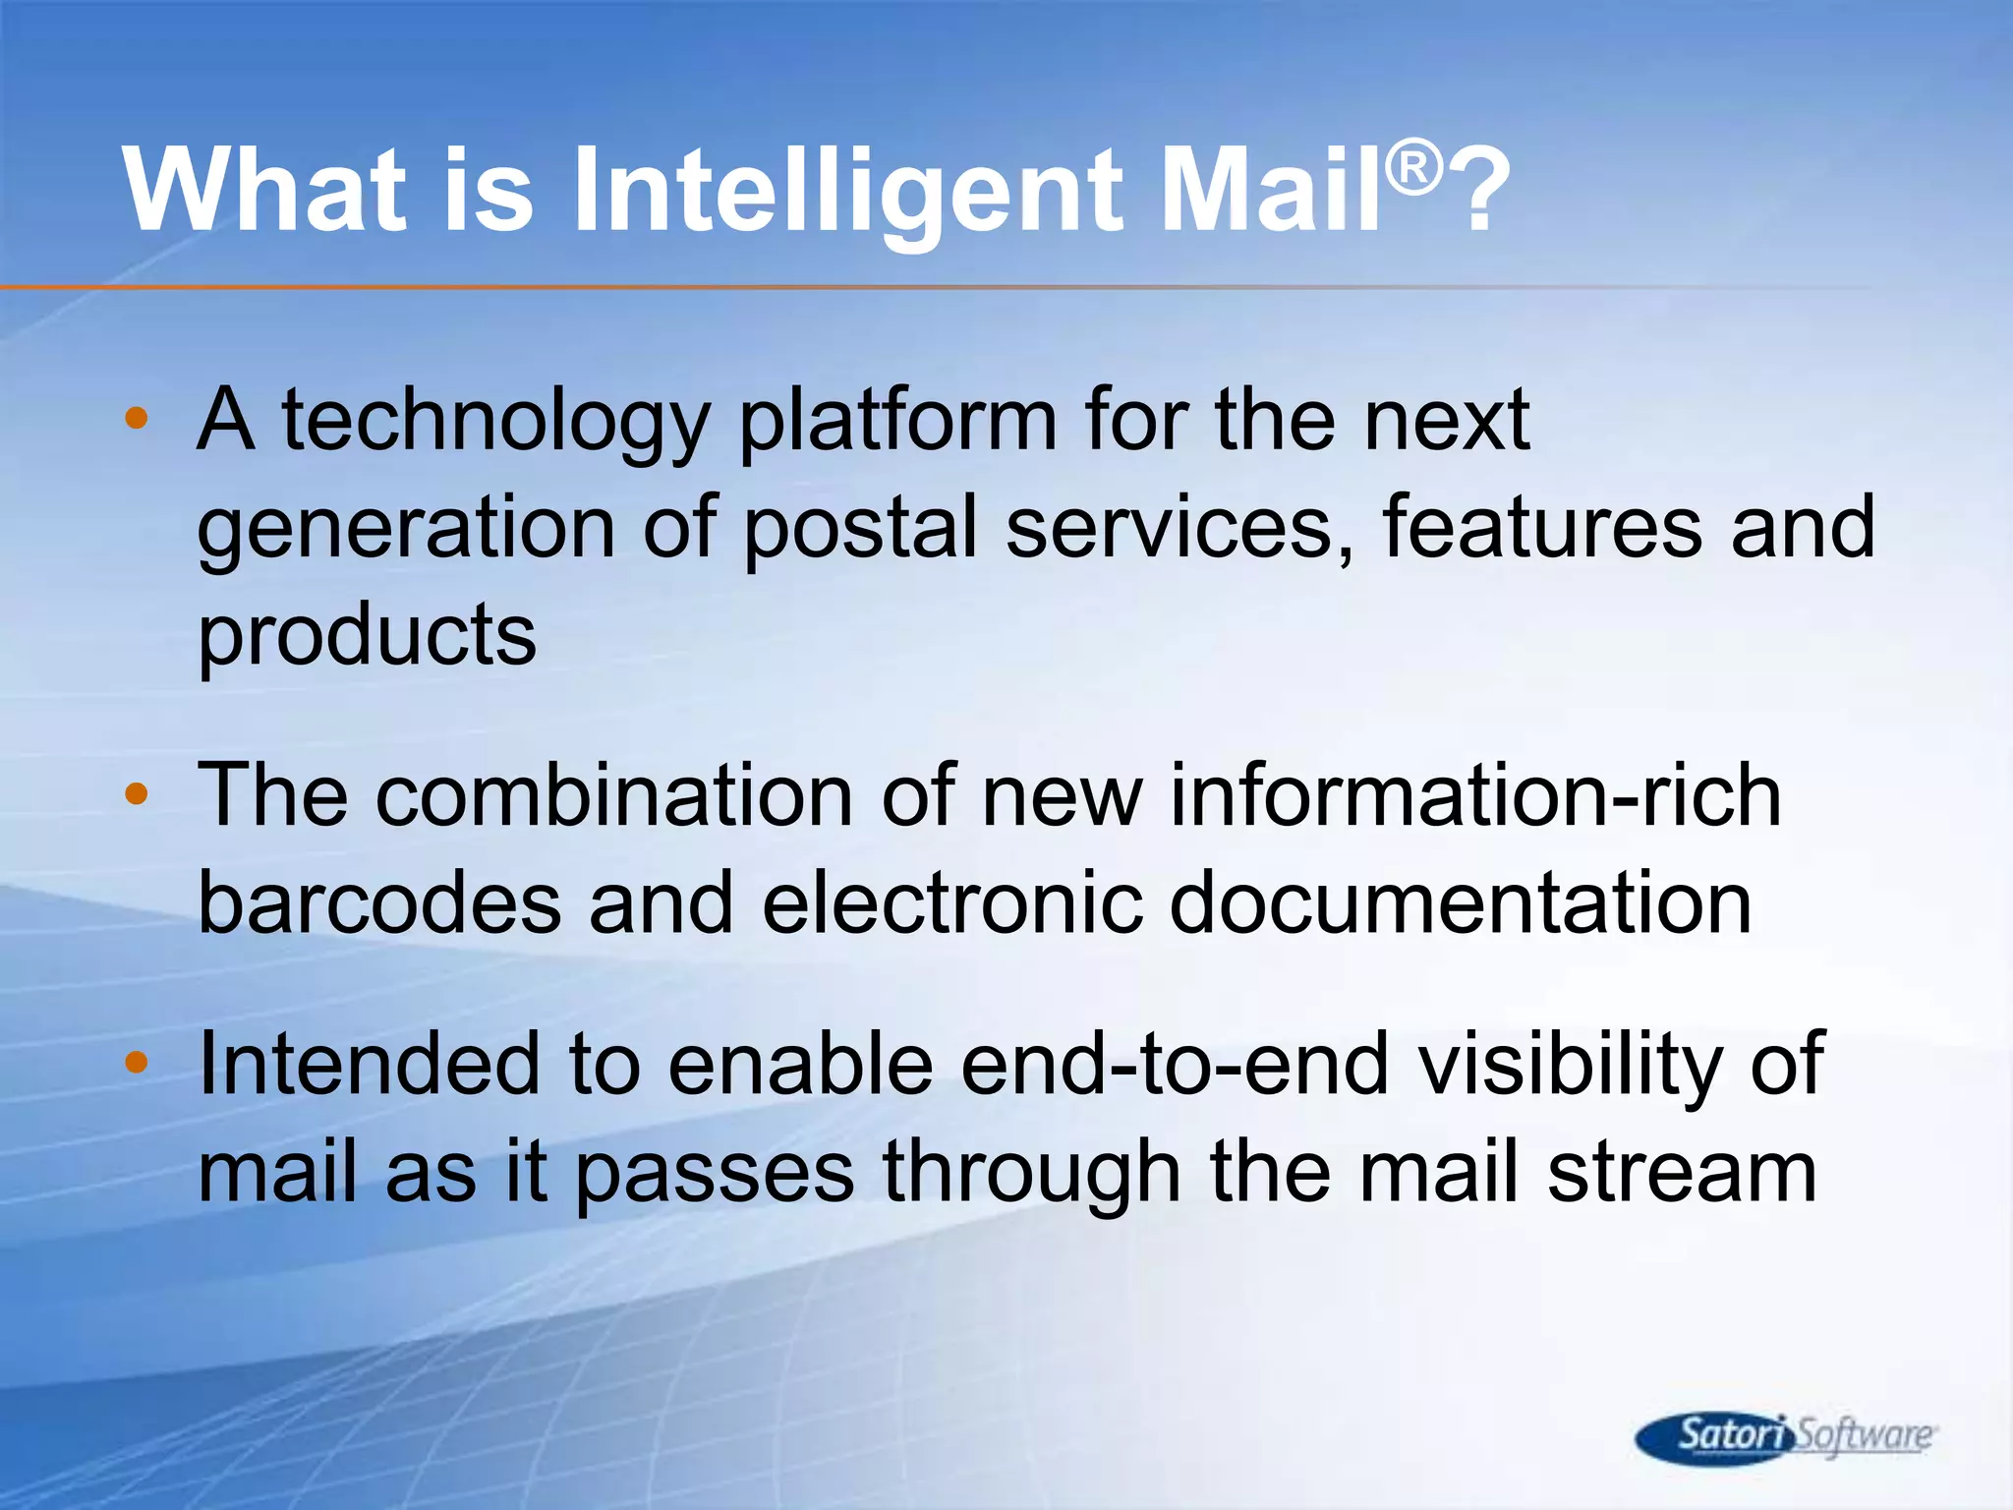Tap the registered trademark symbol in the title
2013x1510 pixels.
(1413, 168)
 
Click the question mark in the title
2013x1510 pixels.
(1479, 192)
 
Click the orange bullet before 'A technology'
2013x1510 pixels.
(137, 419)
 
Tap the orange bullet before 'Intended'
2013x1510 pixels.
(137, 1062)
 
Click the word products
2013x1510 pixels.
(367, 637)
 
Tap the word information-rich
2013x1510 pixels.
(1474, 796)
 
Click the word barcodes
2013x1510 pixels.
(379, 904)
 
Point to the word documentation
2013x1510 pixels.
(1461, 904)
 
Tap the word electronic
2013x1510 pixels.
(951, 904)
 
